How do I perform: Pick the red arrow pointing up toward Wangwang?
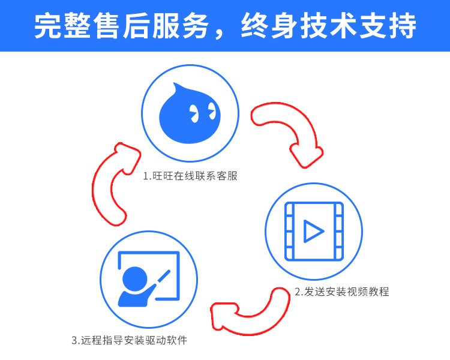112,183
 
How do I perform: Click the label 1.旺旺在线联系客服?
190,176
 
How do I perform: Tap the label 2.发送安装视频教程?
341,292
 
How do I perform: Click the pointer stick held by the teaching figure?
161,281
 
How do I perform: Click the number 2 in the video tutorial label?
297,293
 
